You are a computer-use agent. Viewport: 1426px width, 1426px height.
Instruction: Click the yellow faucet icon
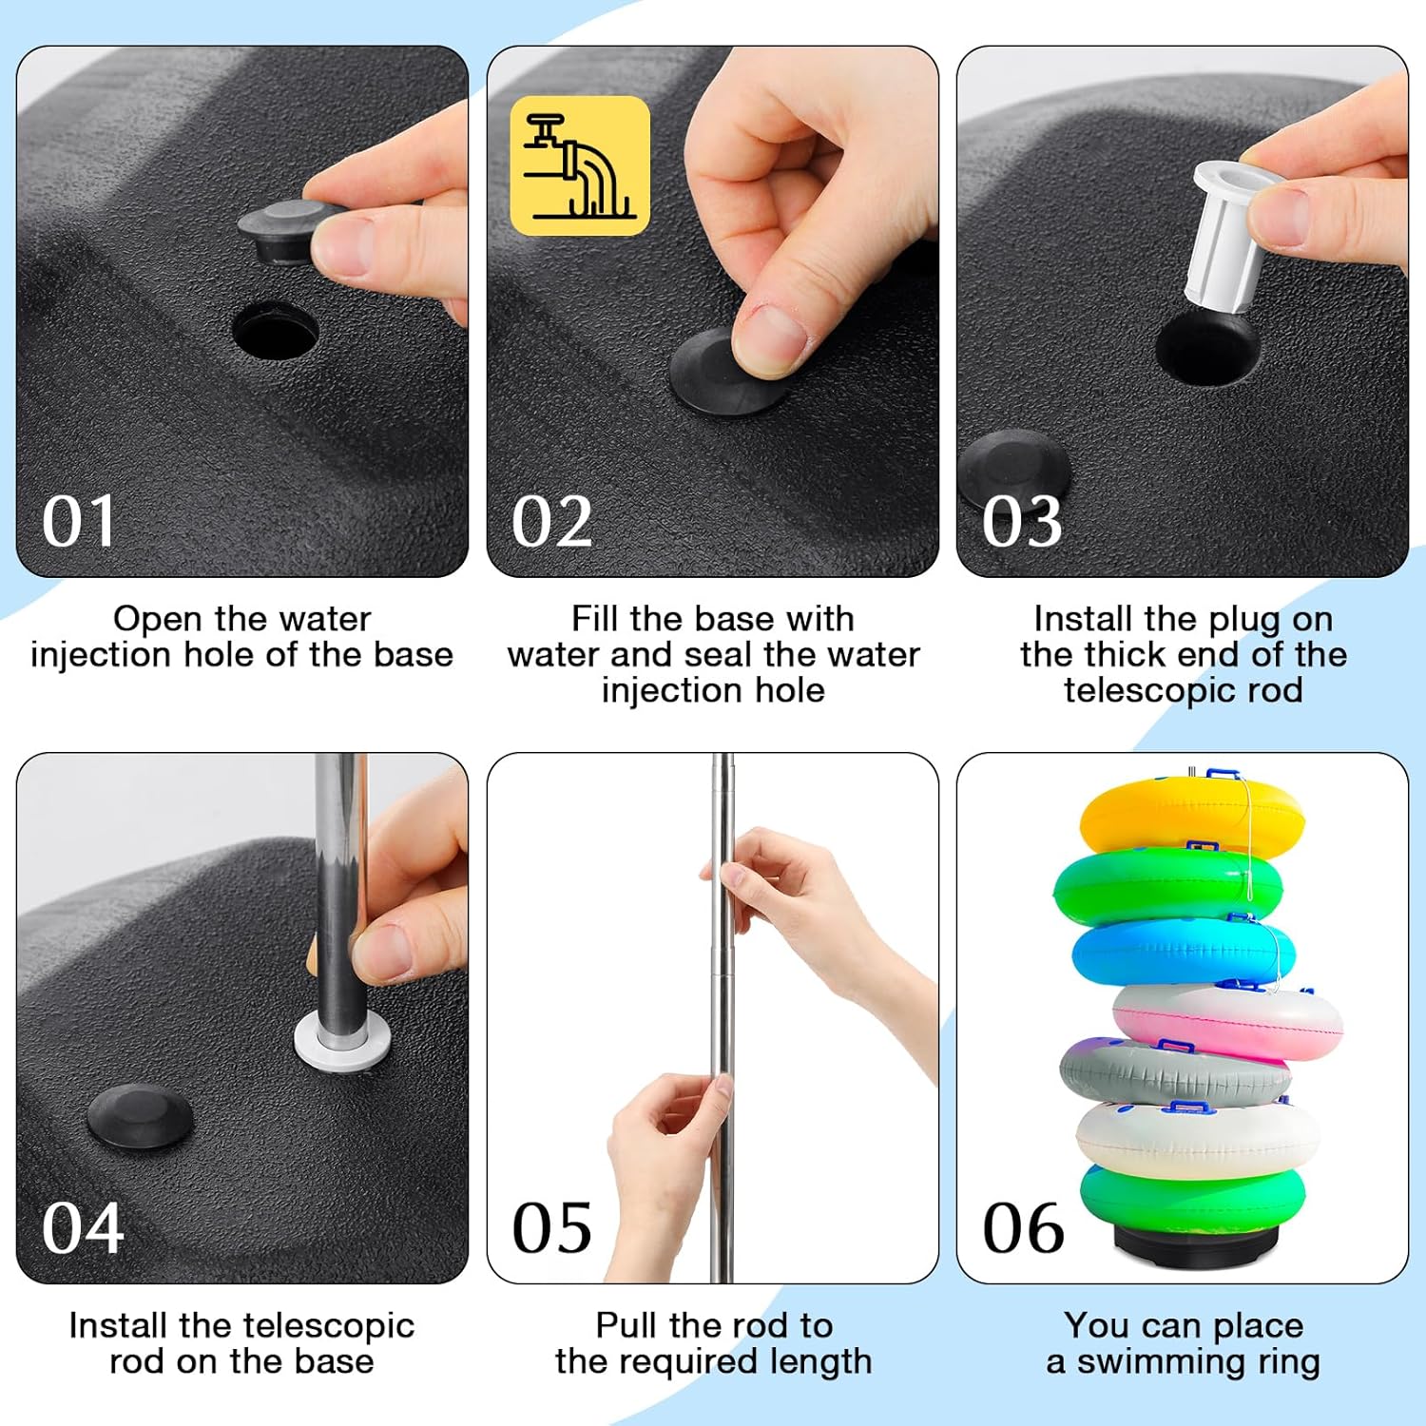pyautogui.click(x=580, y=165)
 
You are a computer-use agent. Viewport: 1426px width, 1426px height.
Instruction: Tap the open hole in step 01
pyautogui.click(x=276, y=331)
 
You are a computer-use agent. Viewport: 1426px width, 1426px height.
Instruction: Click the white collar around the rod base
pyautogui.click(x=342, y=1042)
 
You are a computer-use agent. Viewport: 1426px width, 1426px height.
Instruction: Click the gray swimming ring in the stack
pyautogui.click(x=1174, y=1071)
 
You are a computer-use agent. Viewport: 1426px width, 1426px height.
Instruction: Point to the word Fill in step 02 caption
pyautogui.click(x=596, y=618)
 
